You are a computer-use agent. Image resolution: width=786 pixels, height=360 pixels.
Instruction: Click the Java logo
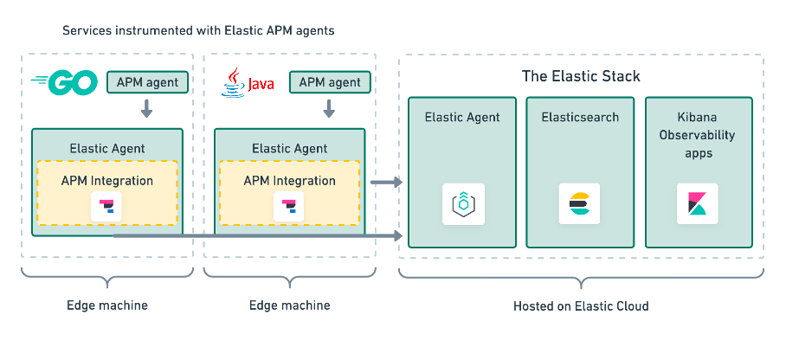click(242, 84)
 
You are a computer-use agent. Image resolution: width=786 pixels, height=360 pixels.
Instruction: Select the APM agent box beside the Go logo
click(146, 83)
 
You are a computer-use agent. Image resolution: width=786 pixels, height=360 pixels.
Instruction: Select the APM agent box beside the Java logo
click(329, 83)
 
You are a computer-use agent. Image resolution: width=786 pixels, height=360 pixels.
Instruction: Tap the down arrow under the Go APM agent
click(146, 109)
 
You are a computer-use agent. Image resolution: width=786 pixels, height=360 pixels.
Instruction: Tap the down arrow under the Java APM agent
click(329, 109)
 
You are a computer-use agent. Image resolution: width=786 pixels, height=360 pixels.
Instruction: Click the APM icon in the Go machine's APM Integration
click(107, 207)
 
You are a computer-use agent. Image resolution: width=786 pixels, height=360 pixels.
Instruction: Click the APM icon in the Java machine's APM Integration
click(289, 207)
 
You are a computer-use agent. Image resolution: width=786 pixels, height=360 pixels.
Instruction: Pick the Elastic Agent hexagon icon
click(462, 204)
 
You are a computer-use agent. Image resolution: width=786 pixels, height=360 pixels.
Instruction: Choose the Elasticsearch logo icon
click(580, 204)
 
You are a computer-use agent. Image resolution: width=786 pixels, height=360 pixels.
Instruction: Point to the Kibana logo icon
click(698, 204)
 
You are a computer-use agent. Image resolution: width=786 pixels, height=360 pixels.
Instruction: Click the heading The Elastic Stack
click(581, 76)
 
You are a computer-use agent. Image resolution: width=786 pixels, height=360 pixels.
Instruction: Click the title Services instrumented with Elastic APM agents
click(198, 31)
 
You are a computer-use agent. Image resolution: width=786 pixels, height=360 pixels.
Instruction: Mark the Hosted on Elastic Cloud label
click(580, 306)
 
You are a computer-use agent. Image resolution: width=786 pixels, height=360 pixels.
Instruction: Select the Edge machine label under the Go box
click(107, 306)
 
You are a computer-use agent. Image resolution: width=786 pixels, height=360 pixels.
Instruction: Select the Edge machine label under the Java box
click(289, 306)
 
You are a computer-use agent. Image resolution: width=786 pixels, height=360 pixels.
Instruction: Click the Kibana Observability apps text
click(698, 135)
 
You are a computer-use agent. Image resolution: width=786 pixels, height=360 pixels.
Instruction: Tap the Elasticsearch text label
click(580, 117)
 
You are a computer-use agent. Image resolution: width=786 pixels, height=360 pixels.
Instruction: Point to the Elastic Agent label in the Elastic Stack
click(462, 117)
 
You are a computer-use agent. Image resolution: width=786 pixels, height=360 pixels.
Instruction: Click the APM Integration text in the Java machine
click(289, 181)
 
